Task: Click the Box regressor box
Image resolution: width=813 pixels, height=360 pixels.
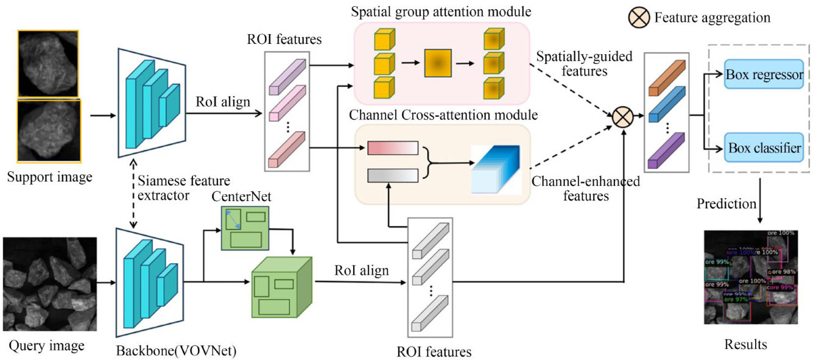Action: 764,75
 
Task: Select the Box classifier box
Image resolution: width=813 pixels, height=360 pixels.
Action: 764,147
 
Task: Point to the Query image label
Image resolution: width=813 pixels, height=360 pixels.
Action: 46,345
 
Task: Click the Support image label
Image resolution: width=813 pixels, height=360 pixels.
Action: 49,177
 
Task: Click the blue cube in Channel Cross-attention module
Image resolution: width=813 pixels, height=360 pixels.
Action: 495,169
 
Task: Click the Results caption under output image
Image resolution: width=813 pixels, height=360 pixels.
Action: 745,345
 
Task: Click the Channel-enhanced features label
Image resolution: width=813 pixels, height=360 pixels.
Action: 577,188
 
